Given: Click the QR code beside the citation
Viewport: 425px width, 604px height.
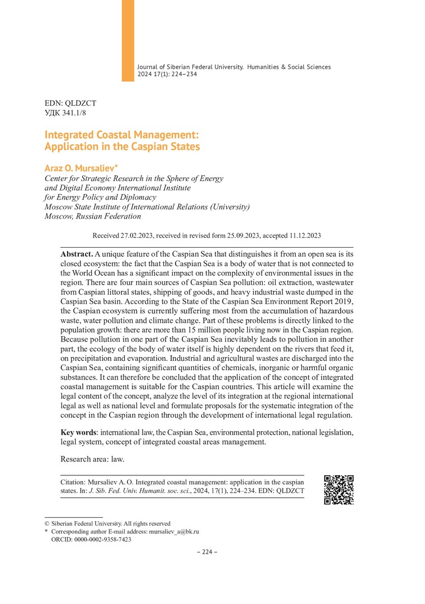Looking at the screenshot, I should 339,490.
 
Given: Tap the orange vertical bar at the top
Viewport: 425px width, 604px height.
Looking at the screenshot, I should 128,39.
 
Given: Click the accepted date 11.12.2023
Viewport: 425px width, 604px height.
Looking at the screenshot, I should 303,236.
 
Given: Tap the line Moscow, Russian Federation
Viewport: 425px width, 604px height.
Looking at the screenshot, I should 92,216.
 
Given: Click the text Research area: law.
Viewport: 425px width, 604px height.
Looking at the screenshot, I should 92,459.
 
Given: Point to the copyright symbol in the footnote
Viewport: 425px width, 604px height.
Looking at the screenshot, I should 46,523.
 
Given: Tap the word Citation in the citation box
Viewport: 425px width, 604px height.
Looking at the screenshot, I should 74,482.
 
